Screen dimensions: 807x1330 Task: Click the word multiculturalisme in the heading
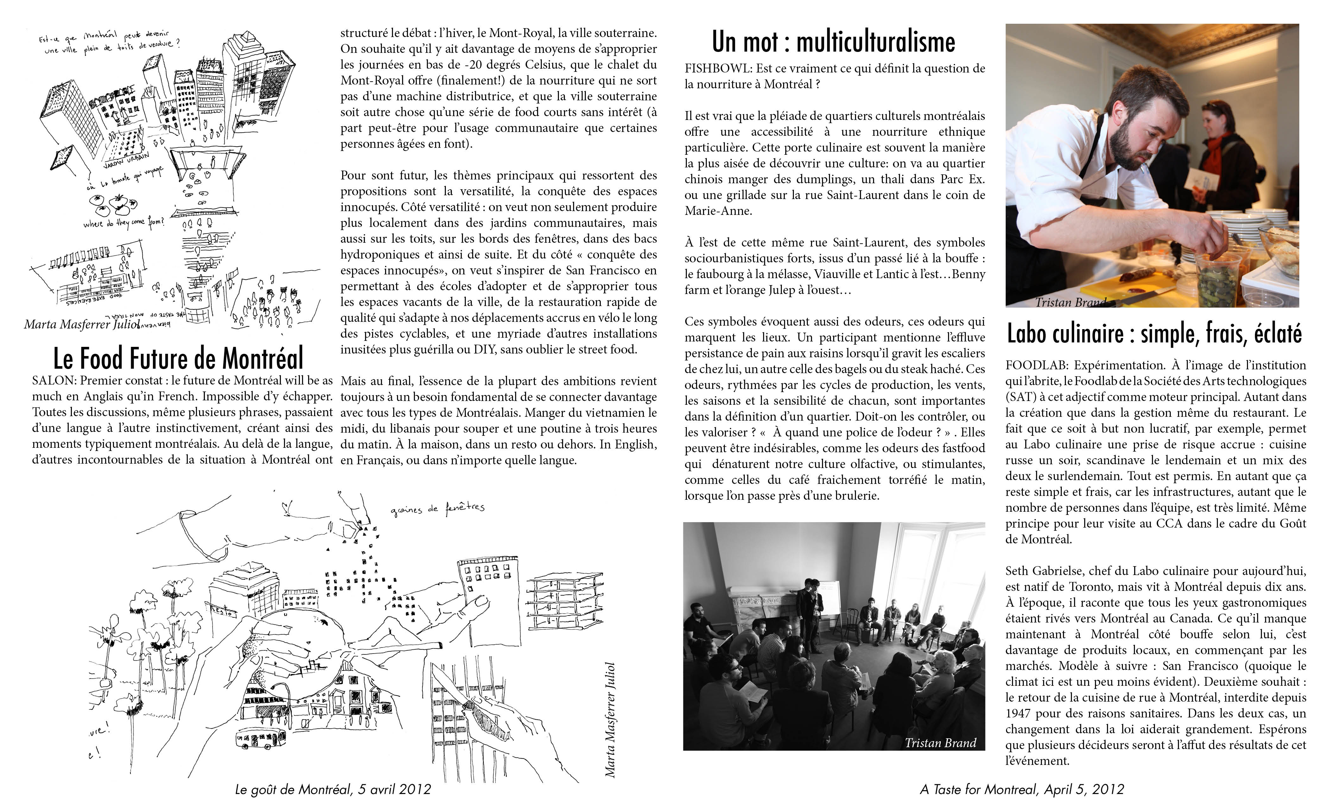tap(876, 42)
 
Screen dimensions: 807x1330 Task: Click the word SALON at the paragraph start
tap(52, 381)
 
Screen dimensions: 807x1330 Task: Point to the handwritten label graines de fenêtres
tap(438, 509)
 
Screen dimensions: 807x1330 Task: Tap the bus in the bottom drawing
tap(260, 737)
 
